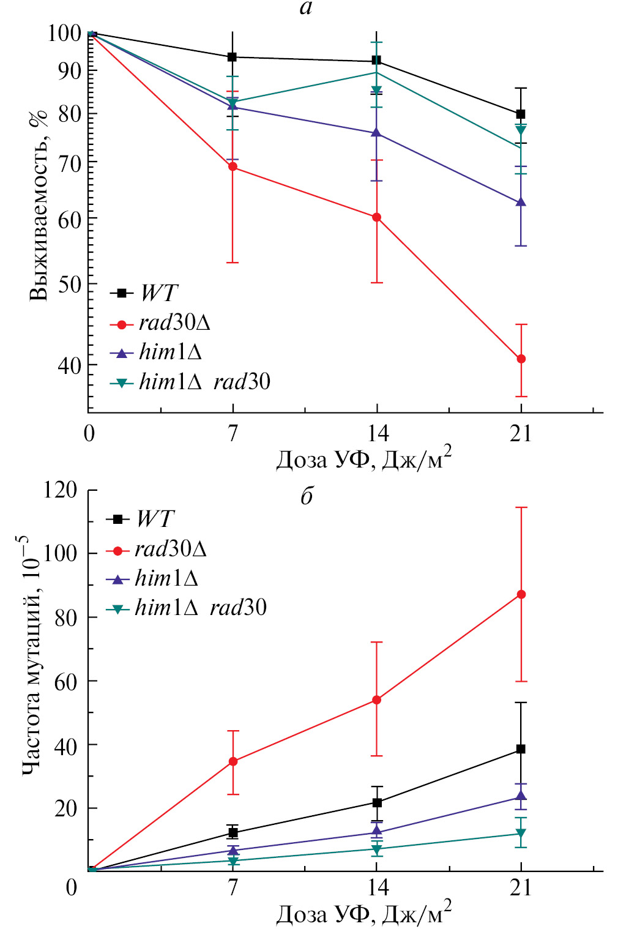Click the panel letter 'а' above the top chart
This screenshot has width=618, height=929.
(306, 8)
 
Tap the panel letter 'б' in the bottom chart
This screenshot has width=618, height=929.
(307, 496)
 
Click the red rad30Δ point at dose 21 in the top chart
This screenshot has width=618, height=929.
(521, 359)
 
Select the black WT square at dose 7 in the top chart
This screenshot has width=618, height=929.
(233, 57)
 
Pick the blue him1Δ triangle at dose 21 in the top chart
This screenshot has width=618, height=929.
(521, 202)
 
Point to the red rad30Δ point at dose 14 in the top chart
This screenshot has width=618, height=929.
(377, 217)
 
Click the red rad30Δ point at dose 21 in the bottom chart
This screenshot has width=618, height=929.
(521, 594)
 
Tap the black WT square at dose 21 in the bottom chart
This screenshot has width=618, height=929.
(521, 749)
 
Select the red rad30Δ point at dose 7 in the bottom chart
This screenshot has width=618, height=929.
(233, 761)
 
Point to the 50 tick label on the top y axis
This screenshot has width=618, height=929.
(69, 284)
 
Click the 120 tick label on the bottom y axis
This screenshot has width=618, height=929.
(60, 490)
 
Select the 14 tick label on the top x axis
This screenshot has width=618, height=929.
(378, 433)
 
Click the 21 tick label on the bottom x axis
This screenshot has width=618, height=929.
(521, 887)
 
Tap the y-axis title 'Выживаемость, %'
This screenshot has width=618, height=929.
(38, 205)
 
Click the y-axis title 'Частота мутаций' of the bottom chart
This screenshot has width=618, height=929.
(31, 655)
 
